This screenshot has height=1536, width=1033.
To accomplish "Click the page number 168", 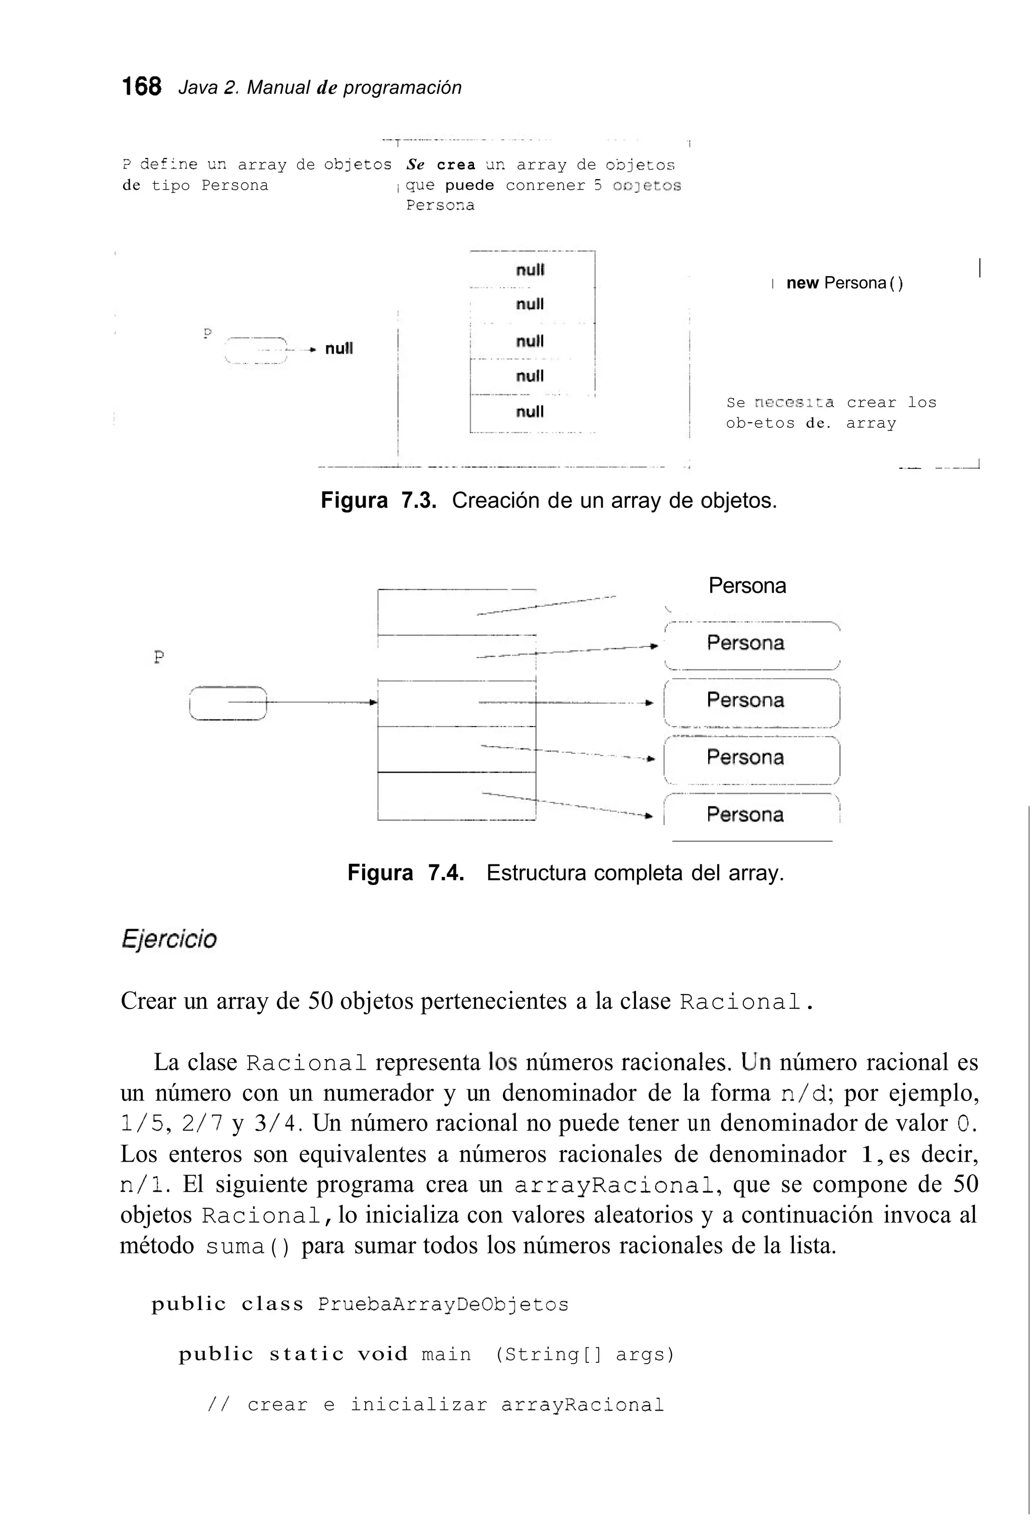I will [x=141, y=86].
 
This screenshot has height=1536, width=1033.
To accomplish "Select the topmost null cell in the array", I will [x=530, y=270].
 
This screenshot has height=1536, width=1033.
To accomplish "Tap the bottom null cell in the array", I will [x=530, y=412].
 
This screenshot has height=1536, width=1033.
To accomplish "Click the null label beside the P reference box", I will [x=339, y=348].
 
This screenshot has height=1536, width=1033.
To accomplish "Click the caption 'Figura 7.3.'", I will [x=379, y=501].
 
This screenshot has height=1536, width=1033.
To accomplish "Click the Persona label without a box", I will [x=747, y=585].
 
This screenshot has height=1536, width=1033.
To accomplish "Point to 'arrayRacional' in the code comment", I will [x=583, y=1405].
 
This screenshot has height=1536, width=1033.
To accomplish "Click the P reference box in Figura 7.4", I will [x=227, y=703].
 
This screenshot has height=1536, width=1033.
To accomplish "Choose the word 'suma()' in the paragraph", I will [x=247, y=1247].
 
